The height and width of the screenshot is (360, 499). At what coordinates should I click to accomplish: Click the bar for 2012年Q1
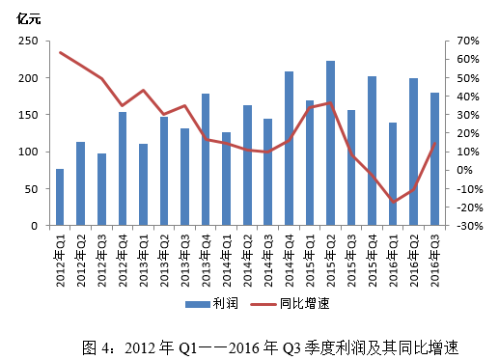pyautogui.click(x=60, y=198)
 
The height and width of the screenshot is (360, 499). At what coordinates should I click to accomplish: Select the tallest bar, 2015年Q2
pyautogui.click(x=330, y=144)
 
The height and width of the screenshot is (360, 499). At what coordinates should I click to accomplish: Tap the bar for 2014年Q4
pyautogui.click(x=289, y=150)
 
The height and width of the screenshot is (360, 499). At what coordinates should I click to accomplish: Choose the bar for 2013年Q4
pyautogui.click(x=206, y=160)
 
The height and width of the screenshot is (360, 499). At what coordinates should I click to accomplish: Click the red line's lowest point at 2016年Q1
pyautogui.click(x=393, y=203)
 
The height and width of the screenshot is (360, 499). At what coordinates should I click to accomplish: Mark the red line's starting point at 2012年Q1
pyautogui.click(x=60, y=52)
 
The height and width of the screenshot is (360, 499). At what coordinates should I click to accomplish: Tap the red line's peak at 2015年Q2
pyautogui.click(x=330, y=102)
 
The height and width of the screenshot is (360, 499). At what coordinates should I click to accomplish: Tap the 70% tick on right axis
pyautogui.click(x=467, y=42)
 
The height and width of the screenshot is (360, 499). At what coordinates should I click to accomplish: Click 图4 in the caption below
pyautogui.click(x=96, y=345)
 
